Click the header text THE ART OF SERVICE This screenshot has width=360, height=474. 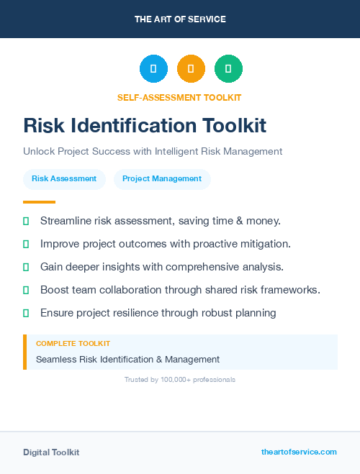[x=180, y=19]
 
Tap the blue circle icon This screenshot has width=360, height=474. [x=153, y=68]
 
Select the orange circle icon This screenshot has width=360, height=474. [x=191, y=68]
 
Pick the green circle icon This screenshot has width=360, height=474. [x=228, y=68]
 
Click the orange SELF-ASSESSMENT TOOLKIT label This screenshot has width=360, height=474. [x=179, y=97]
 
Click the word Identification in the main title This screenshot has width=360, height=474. [x=127, y=126]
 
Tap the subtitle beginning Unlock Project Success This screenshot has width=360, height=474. [x=153, y=152]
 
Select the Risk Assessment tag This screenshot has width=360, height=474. [x=64, y=179]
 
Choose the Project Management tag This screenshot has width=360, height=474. [x=162, y=179]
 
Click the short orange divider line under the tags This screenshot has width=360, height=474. [x=39, y=202]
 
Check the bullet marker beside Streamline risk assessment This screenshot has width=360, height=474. [x=26, y=221]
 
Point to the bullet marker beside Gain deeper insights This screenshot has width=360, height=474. [x=26, y=267]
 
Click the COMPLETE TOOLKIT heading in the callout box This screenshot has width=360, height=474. [x=73, y=344]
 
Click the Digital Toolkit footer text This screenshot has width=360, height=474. [x=51, y=452]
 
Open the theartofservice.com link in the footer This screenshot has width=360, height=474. [x=299, y=452]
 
